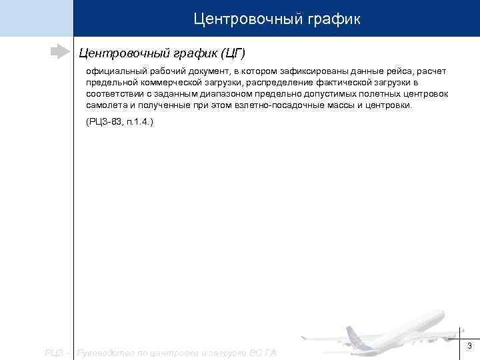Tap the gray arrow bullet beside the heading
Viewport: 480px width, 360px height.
59,51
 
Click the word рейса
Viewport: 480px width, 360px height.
398,71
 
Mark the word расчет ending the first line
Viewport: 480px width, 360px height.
433,71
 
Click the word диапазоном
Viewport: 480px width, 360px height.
219,94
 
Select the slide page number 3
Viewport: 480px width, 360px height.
469,345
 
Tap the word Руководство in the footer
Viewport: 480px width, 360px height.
107,352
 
